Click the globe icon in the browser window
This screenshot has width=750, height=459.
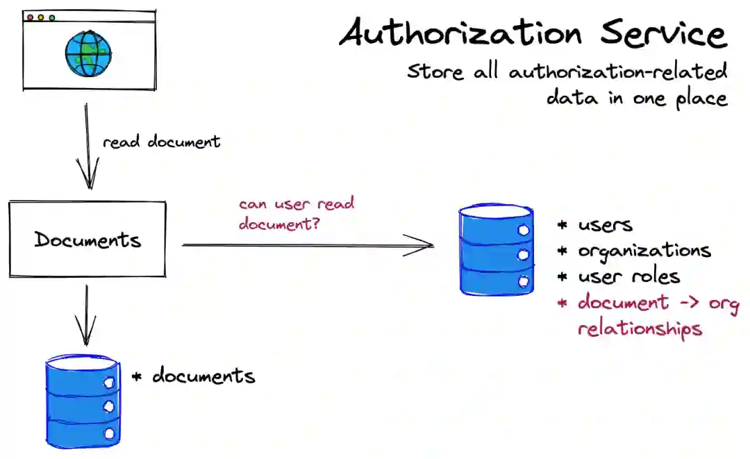[x=88, y=55]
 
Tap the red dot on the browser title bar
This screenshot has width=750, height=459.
[x=30, y=17]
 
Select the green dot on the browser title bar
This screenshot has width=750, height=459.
[x=52, y=17]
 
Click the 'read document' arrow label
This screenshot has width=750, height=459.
[x=161, y=142]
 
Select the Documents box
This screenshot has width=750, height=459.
[x=87, y=240]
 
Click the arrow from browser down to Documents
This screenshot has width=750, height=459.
[x=88, y=146]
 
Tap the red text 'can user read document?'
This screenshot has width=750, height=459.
[x=297, y=214]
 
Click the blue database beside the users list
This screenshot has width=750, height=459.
[x=496, y=249]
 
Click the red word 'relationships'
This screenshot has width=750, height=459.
[x=639, y=328]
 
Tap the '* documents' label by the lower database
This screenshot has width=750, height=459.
[x=194, y=376]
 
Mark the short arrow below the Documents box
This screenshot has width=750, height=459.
[x=86, y=315]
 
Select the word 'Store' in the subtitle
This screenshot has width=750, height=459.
[x=434, y=72]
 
